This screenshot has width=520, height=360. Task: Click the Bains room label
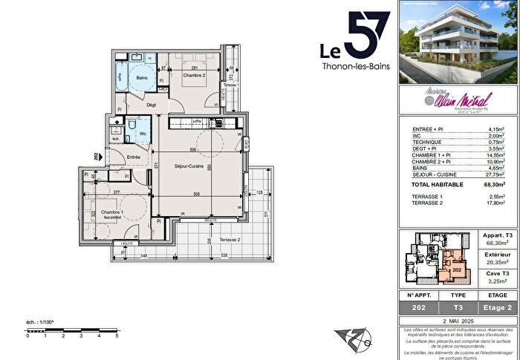141,77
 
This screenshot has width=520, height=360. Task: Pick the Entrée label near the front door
134,157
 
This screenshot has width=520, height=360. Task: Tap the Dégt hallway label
151,105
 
